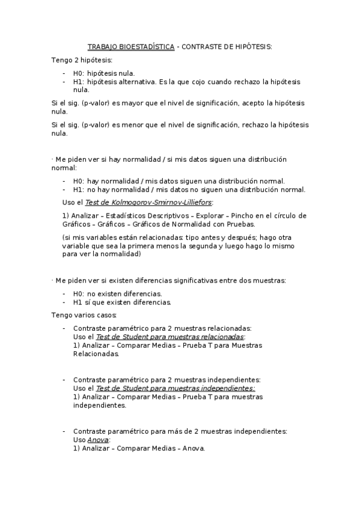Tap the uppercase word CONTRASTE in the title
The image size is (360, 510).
coord(201,46)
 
